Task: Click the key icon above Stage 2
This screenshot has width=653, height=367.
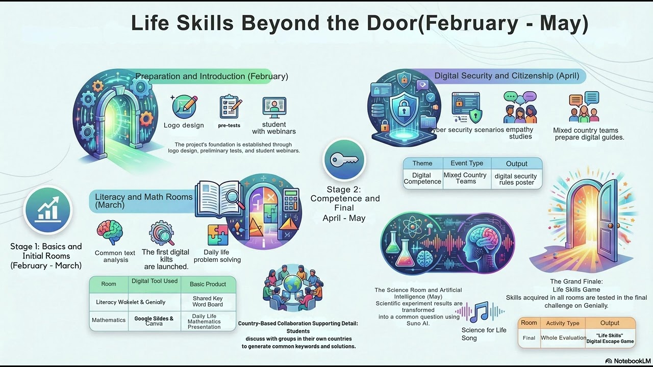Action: (x=344, y=160)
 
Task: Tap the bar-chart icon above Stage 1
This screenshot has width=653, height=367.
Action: (x=48, y=209)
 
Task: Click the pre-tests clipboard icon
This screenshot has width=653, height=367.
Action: (x=229, y=107)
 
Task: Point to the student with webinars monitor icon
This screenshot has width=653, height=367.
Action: (x=274, y=107)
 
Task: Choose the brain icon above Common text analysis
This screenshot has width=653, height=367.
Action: (x=110, y=232)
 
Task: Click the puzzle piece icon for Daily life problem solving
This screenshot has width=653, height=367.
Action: (x=218, y=235)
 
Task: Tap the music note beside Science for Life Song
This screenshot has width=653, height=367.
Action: (x=481, y=311)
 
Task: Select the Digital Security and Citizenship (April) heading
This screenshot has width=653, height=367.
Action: (x=507, y=76)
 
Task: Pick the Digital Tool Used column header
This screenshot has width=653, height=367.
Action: (x=155, y=281)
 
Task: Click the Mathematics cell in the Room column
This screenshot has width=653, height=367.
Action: (x=109, y=320)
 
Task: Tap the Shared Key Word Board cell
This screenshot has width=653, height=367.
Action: (x=208, y=301)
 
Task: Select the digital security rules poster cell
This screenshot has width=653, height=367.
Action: (x=516, y=179)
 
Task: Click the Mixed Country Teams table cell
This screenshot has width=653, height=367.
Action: (x=465, y=178)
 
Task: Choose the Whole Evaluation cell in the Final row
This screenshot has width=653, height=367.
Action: (x=563, y=337)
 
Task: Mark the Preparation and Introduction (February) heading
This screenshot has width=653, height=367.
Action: (x=212, y=76)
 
